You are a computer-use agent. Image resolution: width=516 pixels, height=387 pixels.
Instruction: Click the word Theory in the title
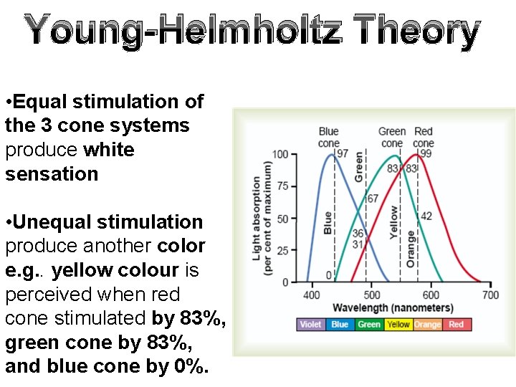(416, 32)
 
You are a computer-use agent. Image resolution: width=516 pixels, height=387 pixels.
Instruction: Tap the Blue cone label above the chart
(329, 137)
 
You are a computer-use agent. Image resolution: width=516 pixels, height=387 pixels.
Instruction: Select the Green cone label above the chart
(392, 137)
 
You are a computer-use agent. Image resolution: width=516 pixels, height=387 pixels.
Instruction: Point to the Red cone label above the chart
(424, 137)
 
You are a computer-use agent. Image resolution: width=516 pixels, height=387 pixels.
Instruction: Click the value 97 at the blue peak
(343, 154)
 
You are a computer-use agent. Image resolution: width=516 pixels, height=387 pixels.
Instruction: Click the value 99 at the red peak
(426, 154)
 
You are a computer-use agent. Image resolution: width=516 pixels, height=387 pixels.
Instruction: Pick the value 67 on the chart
(372, 199)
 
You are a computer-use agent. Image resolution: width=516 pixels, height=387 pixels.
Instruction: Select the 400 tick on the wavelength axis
(312, 295)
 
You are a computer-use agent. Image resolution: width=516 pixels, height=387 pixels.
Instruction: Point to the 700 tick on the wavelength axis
(490, 295)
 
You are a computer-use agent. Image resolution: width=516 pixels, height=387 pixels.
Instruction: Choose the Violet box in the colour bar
(310, 325)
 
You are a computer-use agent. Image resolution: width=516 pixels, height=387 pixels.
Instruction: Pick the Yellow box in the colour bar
(398, 325)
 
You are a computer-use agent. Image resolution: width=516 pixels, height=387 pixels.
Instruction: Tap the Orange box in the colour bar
(427, 325)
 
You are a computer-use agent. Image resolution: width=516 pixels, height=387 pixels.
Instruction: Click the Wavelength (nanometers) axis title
(393, 308)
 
